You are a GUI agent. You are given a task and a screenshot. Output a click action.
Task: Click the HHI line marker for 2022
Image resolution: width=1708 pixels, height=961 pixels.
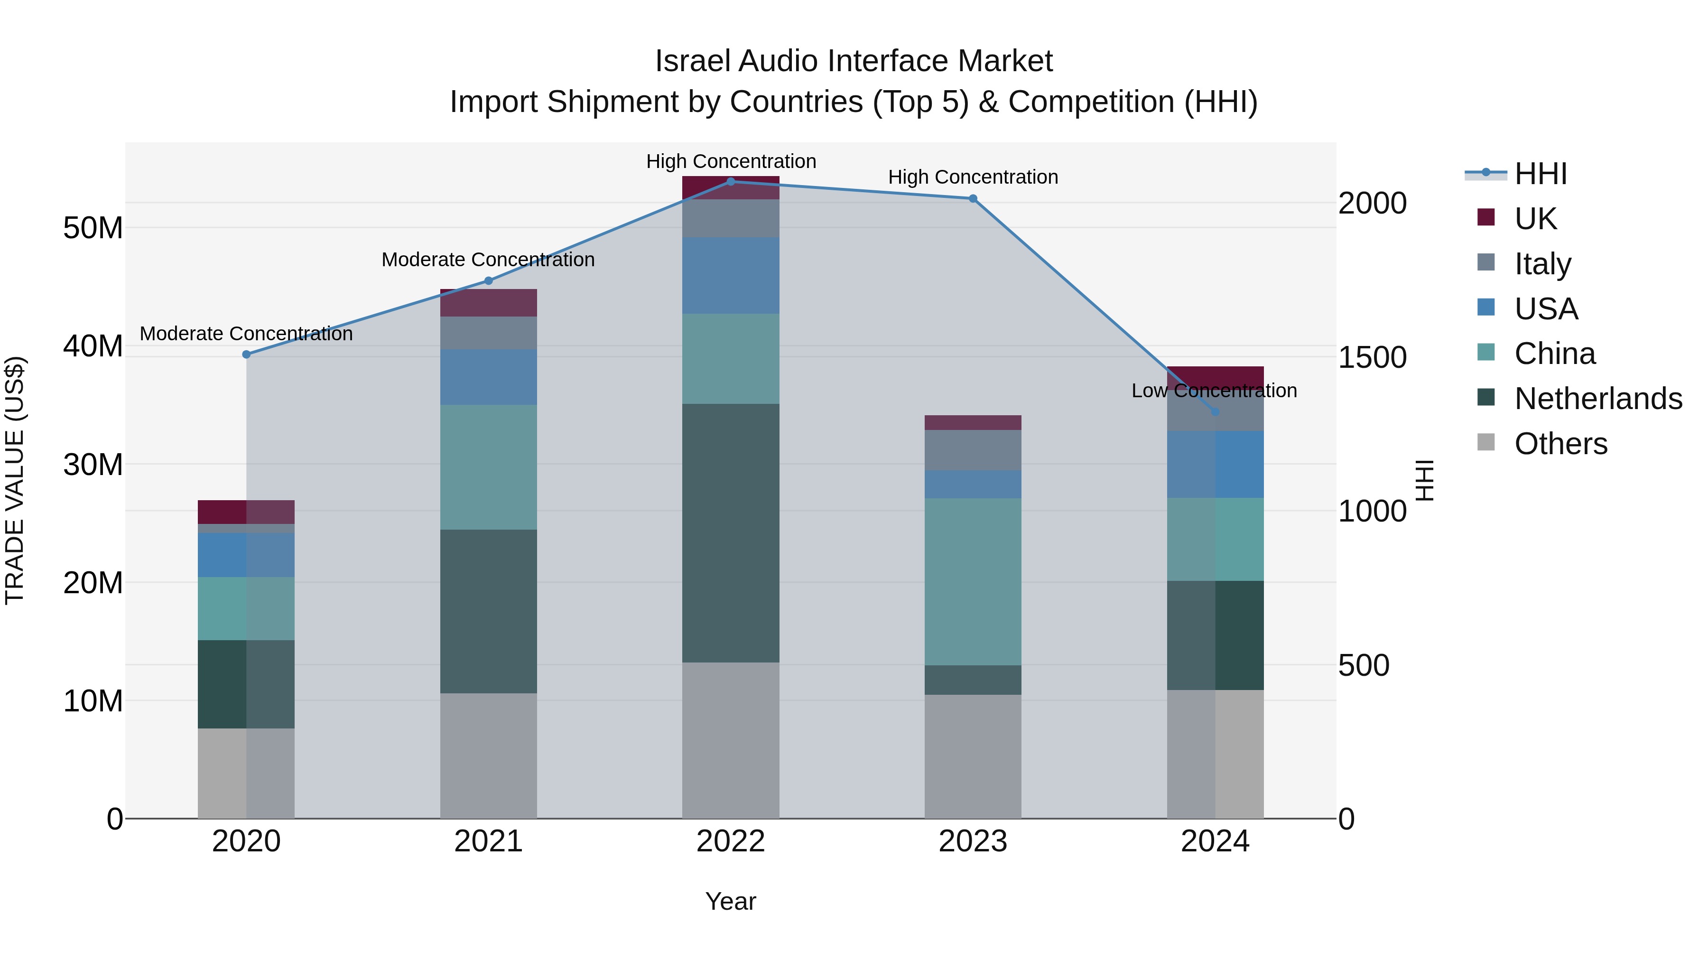click(731, 181)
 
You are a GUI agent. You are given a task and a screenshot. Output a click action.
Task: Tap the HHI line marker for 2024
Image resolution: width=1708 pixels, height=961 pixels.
click(1215, 412)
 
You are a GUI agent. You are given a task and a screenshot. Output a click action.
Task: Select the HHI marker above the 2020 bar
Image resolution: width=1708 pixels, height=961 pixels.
click(247, 354)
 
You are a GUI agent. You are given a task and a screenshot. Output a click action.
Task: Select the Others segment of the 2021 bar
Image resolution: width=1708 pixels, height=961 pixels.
click(489, 756)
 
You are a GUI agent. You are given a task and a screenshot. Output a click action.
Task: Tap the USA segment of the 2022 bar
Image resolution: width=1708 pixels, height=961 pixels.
click(731, 275)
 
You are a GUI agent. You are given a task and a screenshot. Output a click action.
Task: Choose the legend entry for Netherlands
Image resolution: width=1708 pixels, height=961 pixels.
click(1598, 399)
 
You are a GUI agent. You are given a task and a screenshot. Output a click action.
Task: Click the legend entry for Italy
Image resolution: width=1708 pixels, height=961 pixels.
click(1542, 263)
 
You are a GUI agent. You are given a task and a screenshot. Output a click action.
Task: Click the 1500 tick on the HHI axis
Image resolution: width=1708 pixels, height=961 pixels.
click(1372, 357)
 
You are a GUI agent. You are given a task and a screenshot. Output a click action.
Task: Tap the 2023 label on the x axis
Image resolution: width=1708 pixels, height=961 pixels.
click(973, 841)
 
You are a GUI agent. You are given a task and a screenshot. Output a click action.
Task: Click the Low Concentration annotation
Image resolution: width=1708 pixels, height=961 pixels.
click(1214, 391)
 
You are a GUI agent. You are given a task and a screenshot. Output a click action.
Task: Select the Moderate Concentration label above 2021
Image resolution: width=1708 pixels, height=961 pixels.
click(488, 259)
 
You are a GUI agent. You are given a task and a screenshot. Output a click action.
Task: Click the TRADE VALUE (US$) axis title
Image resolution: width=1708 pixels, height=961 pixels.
click(15, 480)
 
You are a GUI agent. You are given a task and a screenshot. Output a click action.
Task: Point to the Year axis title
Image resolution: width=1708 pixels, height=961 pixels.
click(731, 901)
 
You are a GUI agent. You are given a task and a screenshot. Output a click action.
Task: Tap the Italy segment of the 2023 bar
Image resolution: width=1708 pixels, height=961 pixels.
click(973, 450)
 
